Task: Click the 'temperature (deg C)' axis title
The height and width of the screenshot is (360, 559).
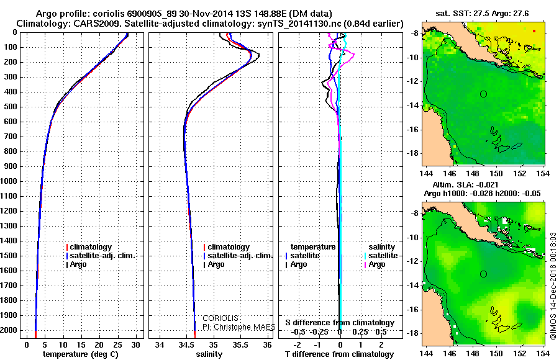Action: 81,354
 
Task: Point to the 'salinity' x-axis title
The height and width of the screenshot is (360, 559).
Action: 209,354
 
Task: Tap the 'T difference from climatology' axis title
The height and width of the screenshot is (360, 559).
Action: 339,354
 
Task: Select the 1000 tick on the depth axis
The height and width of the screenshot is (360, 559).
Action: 9,181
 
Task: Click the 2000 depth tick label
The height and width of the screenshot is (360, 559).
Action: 9,330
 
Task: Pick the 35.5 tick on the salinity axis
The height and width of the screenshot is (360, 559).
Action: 240,345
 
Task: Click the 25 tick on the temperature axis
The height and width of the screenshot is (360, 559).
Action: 117,345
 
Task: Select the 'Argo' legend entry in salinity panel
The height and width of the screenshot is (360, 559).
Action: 214,264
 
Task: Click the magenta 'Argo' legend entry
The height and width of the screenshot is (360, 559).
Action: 375,264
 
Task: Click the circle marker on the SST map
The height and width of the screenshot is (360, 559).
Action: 483,94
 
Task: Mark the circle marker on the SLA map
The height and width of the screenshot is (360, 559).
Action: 483,274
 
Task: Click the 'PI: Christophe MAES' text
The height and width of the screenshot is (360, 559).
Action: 239,327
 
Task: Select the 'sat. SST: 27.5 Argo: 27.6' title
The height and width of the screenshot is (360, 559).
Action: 482,14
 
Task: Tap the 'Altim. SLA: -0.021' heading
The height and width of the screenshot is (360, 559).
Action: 465,185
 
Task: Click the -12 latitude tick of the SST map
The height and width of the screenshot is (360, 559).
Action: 413,81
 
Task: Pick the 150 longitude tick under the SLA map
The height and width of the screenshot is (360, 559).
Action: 496,353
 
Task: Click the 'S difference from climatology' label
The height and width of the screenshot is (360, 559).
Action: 340,323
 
